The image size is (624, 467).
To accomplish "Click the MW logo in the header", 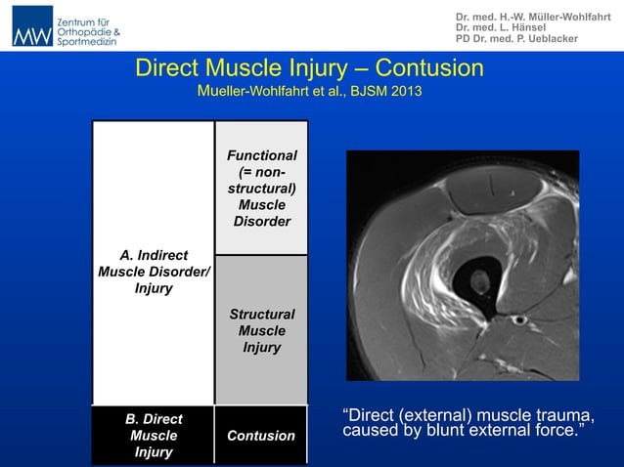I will (32, 26).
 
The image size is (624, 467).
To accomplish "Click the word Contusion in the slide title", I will (429, 68).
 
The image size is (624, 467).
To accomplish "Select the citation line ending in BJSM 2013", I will (310, 94).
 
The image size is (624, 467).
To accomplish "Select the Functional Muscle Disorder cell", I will (261, 189).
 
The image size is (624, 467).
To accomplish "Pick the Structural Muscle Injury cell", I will (261, 331).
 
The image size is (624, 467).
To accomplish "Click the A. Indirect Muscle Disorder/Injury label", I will (154, 273).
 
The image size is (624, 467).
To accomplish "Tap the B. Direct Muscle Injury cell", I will (154, 436).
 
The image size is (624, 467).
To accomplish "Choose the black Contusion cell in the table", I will (261, 436).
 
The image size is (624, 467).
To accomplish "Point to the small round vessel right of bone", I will (520, 319).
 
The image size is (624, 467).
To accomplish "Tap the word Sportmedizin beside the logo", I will (88, 43).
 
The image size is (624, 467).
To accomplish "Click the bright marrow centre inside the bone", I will (479, 284).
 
